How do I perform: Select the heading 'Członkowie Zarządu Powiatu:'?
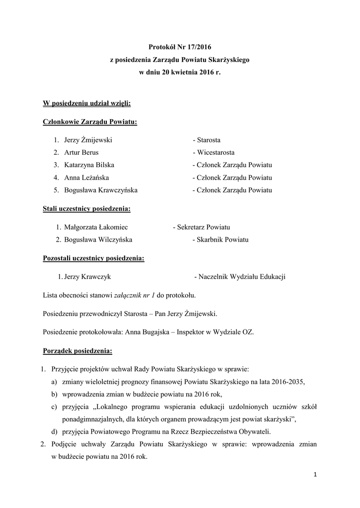point(90,122)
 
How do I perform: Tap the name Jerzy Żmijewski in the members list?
point(88,140)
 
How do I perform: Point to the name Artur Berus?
point(81,153)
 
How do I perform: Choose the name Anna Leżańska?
point(86,178)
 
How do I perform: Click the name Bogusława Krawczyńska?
point(101,190)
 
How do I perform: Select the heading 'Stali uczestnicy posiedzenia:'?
point(86,209)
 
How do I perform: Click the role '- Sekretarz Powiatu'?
point(201,227)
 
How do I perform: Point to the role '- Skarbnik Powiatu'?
point(220,240)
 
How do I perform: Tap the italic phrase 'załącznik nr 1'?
point(135,296)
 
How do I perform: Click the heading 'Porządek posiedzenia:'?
point(77,351)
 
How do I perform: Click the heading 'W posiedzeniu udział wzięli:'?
point(87,103)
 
